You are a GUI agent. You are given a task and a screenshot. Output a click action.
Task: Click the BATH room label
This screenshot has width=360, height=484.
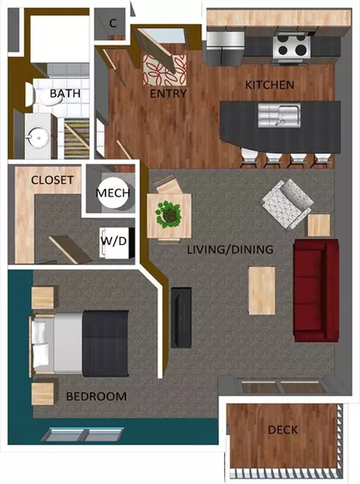click(65, 94)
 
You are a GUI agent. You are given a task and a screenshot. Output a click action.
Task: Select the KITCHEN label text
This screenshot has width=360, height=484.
click(269, 85)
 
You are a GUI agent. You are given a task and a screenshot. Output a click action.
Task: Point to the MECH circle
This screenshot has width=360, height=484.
click(113, 193)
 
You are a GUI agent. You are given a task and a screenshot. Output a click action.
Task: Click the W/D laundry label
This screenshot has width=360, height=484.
click(113, 241)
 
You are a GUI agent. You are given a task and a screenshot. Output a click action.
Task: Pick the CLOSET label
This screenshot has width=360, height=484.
click(52, 180)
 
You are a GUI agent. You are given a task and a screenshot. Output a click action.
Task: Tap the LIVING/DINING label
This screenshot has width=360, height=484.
click(229, 249)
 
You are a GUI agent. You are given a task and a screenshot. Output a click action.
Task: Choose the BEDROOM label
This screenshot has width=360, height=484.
click(95, 396)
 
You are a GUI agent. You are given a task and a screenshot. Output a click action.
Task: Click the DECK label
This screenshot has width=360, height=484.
click(282, 430)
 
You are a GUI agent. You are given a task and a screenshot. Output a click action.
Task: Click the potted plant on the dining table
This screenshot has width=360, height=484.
click(169, 215)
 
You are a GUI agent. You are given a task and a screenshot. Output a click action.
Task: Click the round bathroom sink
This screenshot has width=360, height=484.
click(36, 138)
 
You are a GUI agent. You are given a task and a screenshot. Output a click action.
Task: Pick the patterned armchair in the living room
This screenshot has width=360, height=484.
click(286, 202)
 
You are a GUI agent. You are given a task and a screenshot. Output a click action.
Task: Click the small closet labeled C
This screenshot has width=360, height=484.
click(112, 23)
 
